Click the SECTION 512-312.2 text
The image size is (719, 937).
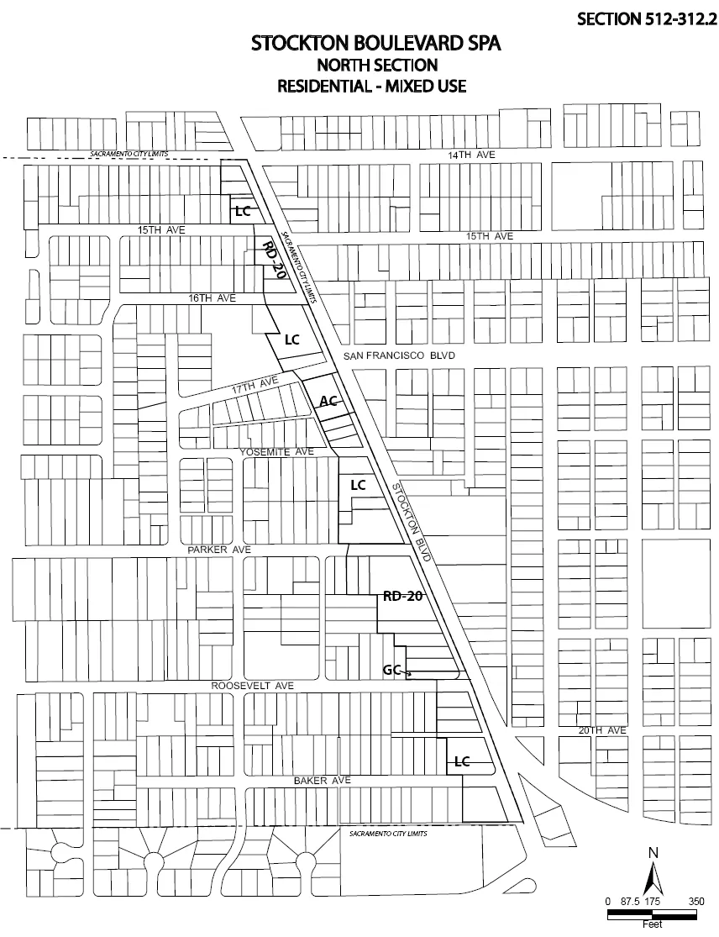(646, 18)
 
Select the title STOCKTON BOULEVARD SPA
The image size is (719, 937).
(375, 45)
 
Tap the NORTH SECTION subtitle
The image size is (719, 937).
(375, 65)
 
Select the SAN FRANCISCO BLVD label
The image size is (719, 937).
(399, 356)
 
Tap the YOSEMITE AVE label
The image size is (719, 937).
(276, 451)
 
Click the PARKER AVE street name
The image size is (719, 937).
(220, 550)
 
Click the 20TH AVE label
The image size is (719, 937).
(602, 730)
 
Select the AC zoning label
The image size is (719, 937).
(328, 401)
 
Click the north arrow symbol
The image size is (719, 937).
(653, 874)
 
